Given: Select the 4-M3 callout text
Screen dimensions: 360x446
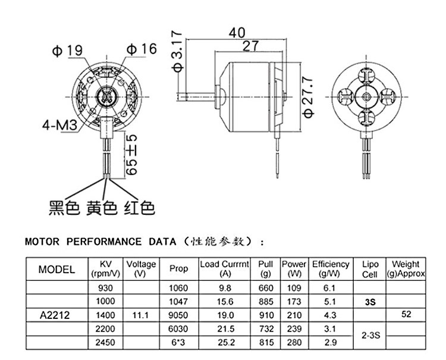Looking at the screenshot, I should point(58,126).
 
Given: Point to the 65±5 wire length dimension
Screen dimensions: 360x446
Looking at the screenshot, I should point(132,154).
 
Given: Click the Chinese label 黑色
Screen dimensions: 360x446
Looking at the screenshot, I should point(64,208).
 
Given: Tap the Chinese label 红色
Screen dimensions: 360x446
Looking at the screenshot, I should point(140,208).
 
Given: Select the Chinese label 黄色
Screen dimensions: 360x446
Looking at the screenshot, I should point(102,208).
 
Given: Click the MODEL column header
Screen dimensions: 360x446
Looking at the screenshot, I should point(56,269).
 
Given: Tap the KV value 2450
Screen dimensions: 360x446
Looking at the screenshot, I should point(105,343).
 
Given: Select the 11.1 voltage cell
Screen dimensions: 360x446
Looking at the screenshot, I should point(140,315).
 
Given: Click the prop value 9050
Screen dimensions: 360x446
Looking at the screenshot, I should point(178,315).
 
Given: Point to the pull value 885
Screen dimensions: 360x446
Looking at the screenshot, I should point(266,301).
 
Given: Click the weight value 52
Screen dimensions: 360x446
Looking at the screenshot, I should point(407,315).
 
